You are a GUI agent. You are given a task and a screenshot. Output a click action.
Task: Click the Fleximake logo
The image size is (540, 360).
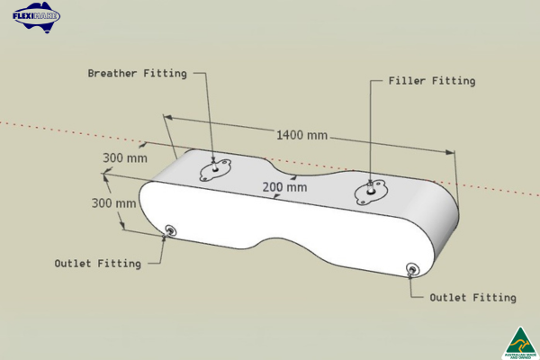[37, 15]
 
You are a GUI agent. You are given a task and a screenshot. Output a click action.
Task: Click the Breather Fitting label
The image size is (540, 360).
[137, 73]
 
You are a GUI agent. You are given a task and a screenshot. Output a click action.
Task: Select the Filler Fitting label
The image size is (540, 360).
[431, 81]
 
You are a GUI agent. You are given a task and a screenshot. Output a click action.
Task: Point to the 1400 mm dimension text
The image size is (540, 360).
[302, 135]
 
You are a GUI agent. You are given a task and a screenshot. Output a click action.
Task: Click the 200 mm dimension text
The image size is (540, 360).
[284, 187]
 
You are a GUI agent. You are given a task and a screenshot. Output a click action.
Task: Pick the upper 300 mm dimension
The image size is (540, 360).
[124, 157]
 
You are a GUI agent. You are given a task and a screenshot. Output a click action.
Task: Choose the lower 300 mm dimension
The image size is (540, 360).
[114, 202]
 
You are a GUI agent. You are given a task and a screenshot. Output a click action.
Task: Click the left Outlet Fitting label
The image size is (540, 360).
[97, 264]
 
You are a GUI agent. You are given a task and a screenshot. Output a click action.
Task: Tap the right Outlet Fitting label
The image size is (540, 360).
[472, 297]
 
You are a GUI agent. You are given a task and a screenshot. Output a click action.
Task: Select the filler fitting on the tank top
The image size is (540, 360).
[371, 189]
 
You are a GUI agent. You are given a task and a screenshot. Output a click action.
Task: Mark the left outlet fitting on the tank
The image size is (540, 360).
[170, 231]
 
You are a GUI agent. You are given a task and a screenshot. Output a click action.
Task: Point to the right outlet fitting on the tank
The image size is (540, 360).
[412, 269]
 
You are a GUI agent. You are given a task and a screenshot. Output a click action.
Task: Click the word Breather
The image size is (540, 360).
[112, 73]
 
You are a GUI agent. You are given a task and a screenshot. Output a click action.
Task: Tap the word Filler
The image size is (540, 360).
[406, 81]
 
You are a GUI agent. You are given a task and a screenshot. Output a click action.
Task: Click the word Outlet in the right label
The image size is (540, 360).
[448, 297]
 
